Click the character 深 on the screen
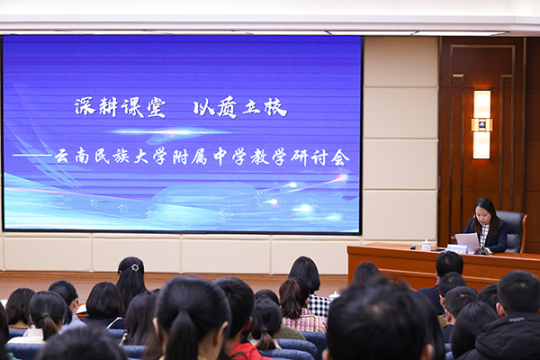pyautogui.click(x=85, y=106)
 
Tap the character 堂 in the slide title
pyautogui.click(x=157, y=107)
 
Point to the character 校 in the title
pyautogui.click(x=275, y=107)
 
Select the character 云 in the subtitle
pyautogui.click(x=62, y=157)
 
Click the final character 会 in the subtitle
pyautogui.click(x=340, y=157)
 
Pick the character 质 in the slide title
pyautogui.click(x=227, y=107)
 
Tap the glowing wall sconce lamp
pyautogui.click(x=481, y=125)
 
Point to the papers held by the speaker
pyautogui.click(x=468, y=242)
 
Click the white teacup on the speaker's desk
pyautogui.click(x=426, y=245)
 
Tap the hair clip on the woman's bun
pyautogui.click(x=135, y=267)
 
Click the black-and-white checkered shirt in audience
pyautogui.click(x=319, y=305)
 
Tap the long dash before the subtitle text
pyautogui.click(x=32, y=156)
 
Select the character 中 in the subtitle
pyautogui.click(x=220, y=157)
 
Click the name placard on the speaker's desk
pyautogui.click(x=457, y=248)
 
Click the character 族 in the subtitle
pyautogui.click(x=121, y=157)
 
